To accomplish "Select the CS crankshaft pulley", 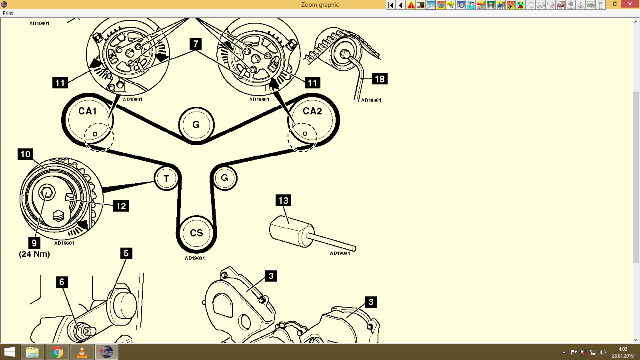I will (x=196, y=233).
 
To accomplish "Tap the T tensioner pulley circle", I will (x=166, y=178).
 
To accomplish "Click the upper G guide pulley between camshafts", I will (x=196, y=124).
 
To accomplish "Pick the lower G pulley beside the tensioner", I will (x=224, y=178).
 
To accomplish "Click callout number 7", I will (x=196, y=44).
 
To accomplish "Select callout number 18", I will (x=380, y=79).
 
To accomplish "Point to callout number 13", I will (x=283, y=200).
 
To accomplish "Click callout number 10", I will (x=25, y=154).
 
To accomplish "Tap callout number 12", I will (x=121, y=206).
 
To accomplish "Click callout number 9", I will (x=34, y=243).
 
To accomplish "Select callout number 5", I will (x=126, y=253).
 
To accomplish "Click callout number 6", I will (x=62, y=282).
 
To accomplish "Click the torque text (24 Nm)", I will (x=34, y=254).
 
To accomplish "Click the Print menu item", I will (x=8, y=13).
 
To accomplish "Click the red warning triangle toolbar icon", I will (x=411, y=5).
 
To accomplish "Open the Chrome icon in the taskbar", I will (x=57, y=352).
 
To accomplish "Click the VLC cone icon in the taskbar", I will (x=82, y=352).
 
